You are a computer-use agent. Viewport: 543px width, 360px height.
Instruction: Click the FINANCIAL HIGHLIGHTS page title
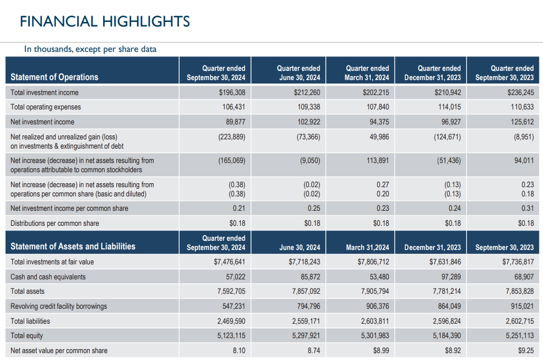click(105, 22)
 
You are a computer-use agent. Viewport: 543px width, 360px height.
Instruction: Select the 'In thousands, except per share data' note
click(90, 49)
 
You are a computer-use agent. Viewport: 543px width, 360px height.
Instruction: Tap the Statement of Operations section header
click(55, 77)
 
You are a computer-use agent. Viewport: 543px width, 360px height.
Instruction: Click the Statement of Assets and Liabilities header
click(73, 247)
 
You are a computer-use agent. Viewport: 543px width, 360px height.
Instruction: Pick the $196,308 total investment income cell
click(232, 92)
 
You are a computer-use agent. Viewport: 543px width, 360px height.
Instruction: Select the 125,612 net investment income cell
click(519, 122)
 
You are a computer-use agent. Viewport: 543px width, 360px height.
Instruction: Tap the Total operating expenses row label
click(46, 107)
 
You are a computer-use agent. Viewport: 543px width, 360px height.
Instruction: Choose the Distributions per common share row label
click(55, 223)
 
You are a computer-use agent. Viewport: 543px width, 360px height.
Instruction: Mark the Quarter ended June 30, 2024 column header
click(298, 73)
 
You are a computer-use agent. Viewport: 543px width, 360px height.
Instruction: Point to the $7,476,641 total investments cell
click(230, 262)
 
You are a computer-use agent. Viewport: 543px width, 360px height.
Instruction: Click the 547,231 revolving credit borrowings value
click(234, 306)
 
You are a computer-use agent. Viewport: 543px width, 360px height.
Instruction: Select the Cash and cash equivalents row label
click(48, 277)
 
